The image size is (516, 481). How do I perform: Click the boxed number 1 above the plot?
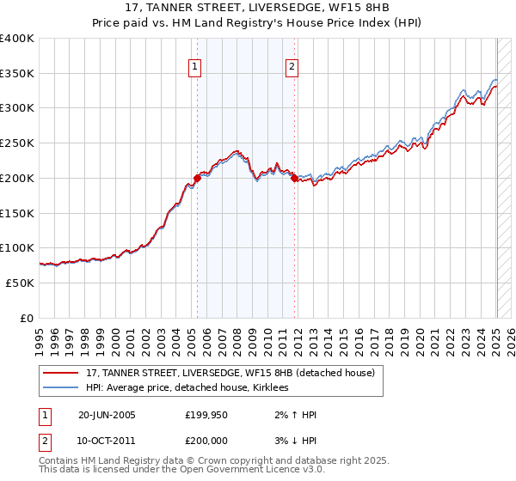[195, 67]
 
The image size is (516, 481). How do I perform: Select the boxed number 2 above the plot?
[292, 67]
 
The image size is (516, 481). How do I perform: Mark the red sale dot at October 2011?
[294, 179]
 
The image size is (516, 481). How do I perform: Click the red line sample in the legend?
[59, 374]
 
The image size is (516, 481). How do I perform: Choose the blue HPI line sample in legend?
[59, 388]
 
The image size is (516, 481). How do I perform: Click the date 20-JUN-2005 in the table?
[107, 415]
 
